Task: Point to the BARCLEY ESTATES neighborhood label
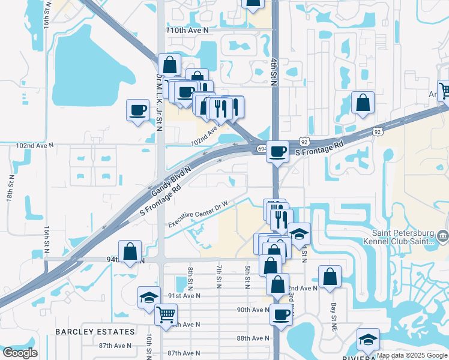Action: tap(95, 332)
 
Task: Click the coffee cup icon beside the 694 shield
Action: tap(277, 151)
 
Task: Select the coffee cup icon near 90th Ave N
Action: tap(280, 314)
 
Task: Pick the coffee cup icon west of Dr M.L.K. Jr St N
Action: tap(137, 110)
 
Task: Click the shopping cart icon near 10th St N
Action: tap(166, 314)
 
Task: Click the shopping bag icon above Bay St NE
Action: tap(330, 277)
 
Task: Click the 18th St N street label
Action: tap(11, 188)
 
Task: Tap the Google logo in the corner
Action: tap(20, 353)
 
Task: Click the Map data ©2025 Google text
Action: tap(411, 355)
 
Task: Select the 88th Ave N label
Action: tap(252, 338)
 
